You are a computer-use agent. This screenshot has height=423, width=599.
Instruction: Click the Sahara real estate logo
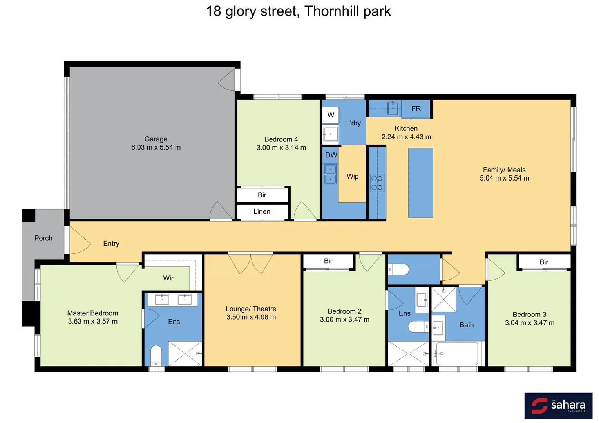tap(558, 405)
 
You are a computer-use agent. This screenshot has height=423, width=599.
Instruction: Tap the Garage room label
tap(156, 139)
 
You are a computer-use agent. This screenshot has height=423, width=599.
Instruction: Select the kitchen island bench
tap(420, 183)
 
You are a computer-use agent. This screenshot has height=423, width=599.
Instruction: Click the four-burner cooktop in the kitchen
tap(377, 183)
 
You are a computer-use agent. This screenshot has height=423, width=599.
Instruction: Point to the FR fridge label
tap(416, 108)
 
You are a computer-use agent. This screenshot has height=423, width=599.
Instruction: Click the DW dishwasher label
tap(331, 155)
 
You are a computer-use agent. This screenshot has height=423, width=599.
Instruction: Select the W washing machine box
tap(331, 115)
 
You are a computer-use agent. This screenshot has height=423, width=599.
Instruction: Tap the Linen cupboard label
tap(262, 211)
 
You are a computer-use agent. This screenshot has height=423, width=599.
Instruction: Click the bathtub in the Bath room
tap(457, 353)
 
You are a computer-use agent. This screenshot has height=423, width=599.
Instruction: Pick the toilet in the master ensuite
tap(156, 355)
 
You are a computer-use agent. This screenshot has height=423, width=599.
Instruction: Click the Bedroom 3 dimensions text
tap(529, 323)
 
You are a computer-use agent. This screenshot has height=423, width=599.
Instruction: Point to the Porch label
tap(43, 238)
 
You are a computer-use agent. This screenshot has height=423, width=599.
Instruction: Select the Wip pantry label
tap(353, 176)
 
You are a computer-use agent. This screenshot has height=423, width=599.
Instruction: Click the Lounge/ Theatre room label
tap(251, 309)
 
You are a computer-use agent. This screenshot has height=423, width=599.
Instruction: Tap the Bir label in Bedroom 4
tap(262, 195)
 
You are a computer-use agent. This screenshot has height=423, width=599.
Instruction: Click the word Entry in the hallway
tap(111, 244)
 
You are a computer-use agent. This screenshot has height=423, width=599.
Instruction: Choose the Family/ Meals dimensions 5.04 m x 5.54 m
tap(504, 178)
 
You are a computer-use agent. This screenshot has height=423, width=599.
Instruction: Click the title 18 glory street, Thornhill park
tap(299, 11)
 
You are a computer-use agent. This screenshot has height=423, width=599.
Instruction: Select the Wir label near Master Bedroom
tap(168, 278)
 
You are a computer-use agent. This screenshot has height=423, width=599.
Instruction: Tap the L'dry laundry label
tap(353, 123)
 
